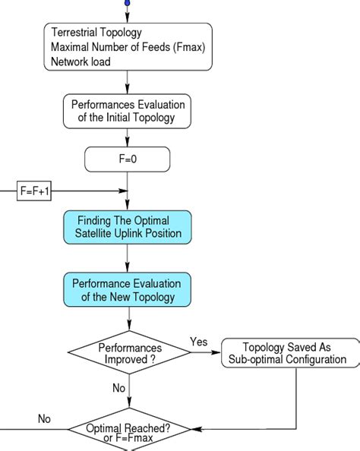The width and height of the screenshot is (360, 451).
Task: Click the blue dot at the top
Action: coord(128,3)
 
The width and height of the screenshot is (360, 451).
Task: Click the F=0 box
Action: coord(128,159)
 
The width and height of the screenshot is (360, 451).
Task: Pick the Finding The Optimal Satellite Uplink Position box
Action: coord(128,227)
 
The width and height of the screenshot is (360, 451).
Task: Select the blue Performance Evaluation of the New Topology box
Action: coord(128,289)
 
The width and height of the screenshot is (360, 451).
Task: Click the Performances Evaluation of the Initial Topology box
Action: coord(128,110)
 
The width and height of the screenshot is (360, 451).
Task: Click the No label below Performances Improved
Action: coord(118,388)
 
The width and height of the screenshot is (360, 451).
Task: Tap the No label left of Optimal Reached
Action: coord(45,418)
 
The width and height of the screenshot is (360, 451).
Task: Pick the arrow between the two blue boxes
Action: coord(128,258)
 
